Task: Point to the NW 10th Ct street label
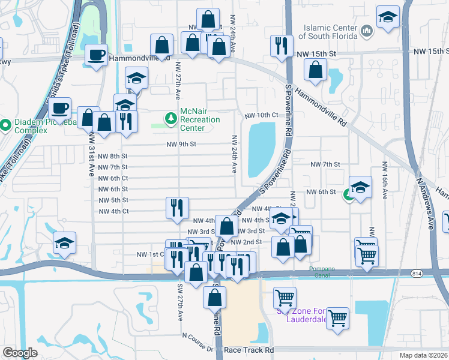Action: click(x=261, y=115)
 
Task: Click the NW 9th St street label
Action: click(x=181, y=144)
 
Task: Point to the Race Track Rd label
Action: click(x=249, y=349)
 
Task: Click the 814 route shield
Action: click(x=417, y=273)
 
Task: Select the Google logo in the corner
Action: click(x=20, y=352)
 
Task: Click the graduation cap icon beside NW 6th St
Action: click(x=360, y=188)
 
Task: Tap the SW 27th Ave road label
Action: click(x=179, y=300)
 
